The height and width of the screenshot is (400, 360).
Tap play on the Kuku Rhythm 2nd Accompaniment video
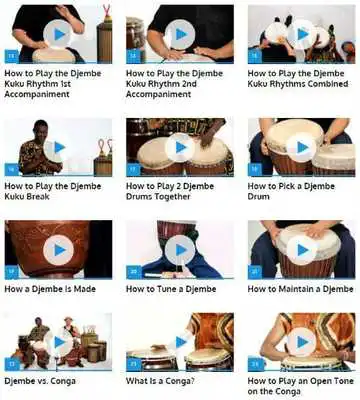180,34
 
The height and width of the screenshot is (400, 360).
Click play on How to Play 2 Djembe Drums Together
180,148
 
